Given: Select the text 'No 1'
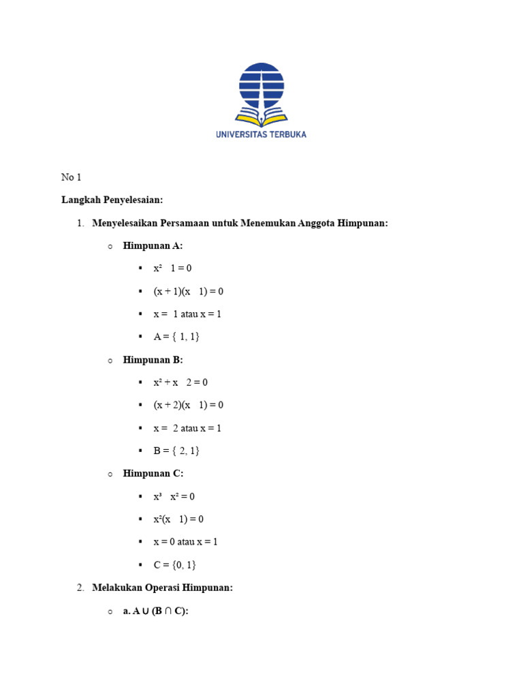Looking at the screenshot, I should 71,177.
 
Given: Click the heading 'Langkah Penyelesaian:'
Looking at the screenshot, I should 112,200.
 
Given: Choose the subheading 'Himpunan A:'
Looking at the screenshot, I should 153,245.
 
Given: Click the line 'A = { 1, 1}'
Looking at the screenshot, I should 176,337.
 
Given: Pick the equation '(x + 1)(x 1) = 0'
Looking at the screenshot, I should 188,291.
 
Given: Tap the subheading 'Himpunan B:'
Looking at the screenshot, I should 153,359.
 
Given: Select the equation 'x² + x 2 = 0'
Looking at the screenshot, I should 180,382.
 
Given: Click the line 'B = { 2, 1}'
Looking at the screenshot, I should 176,451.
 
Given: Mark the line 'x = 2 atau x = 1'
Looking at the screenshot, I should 187,428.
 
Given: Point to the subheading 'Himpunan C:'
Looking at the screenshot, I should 153,473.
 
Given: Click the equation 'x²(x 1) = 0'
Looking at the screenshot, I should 178,519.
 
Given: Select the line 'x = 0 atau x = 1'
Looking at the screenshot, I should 185,542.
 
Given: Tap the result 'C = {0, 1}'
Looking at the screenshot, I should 174,564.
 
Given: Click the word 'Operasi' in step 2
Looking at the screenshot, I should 162,587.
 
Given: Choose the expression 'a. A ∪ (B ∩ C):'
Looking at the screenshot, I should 155,611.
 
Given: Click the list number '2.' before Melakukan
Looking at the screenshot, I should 80,587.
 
